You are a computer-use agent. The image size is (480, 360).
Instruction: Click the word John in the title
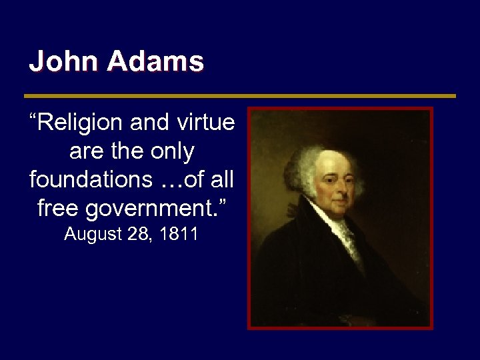coord(63,62)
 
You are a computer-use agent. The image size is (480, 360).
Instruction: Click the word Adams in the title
coord(155,62)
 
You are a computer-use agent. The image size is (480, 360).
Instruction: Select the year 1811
coord(179,235)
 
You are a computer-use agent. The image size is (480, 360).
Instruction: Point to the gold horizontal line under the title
coord(240,96)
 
